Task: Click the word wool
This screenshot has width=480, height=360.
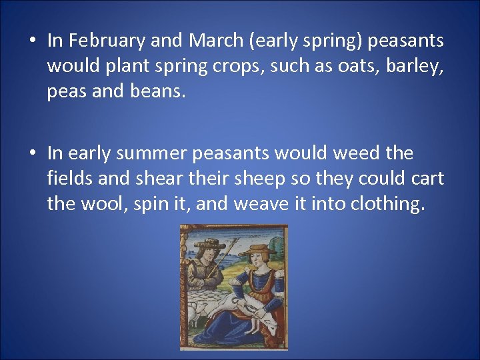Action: (x=103, y=204)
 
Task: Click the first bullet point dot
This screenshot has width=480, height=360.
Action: (x=32, y=41)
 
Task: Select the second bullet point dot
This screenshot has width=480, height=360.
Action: (x=32, y=154)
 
